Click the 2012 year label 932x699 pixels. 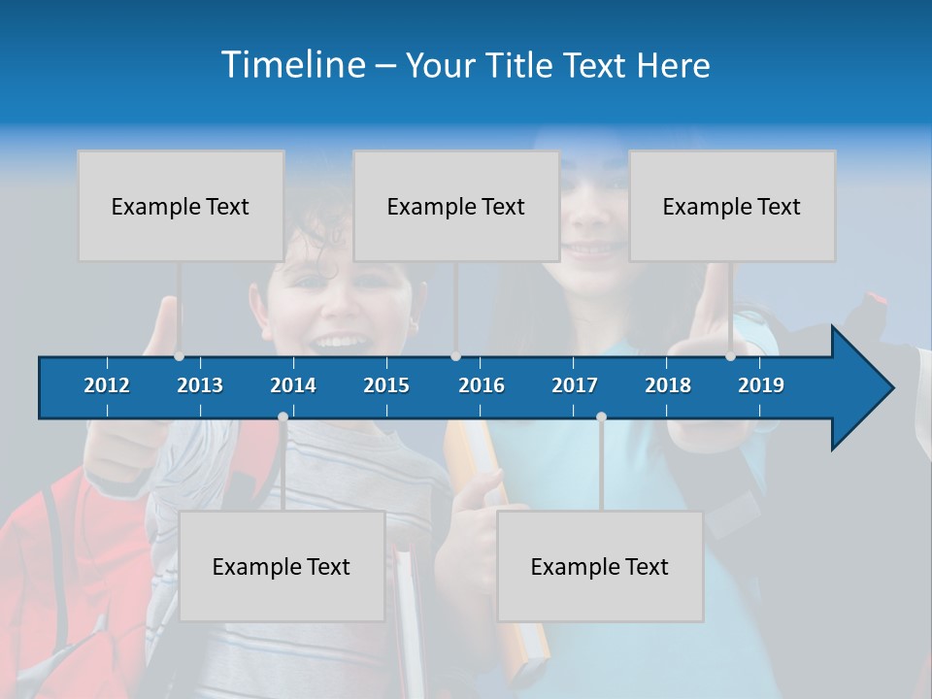point(107,385)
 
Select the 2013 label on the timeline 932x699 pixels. point(200,385)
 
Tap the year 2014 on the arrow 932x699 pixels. point(293,385)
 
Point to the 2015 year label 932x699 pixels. point(386,385)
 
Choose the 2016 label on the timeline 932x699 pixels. point(482,385)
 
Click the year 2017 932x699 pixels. point(575,385)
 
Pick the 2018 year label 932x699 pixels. point(668,385)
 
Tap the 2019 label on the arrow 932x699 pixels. point(761,385)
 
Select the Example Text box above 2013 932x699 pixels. point(181,206)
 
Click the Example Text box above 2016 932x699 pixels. point(456,206)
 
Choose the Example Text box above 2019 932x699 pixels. point(732,206)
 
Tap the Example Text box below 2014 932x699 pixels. point(282,566)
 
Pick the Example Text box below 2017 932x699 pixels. point(600,566)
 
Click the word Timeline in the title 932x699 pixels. point(292,65)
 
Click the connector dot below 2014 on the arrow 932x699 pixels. point(283,417)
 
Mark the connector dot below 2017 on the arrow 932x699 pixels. point(601,417)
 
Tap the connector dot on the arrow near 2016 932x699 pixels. point(455,356)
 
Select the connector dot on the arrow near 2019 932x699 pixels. point(730,356)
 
